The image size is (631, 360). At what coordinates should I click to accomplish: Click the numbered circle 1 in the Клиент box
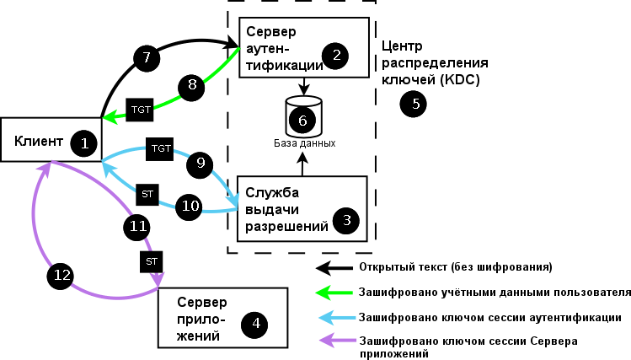click(84, 142)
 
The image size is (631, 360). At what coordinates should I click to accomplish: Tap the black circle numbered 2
click(336, 56)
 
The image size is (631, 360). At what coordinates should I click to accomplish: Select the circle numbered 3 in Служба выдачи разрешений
click(345, 221)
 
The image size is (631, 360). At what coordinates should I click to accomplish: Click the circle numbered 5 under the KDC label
click(413, 104)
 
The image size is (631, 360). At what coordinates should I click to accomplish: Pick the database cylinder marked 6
click(302, 118)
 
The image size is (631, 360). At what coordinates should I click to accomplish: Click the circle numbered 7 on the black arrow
click(147, 57)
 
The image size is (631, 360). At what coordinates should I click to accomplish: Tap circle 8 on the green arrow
click(191, 85)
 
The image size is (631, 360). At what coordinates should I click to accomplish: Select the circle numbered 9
click(200, 164)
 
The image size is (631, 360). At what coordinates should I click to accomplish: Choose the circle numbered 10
click(190, 205)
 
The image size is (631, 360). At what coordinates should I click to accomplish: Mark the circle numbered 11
click(136, 225)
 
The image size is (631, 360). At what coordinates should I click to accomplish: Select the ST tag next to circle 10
click(147, 194)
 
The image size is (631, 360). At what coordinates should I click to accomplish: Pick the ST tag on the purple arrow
click(152, 261)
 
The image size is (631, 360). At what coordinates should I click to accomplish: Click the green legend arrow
click(334, 293)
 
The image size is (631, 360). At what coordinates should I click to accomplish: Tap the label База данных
click(304, 143)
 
